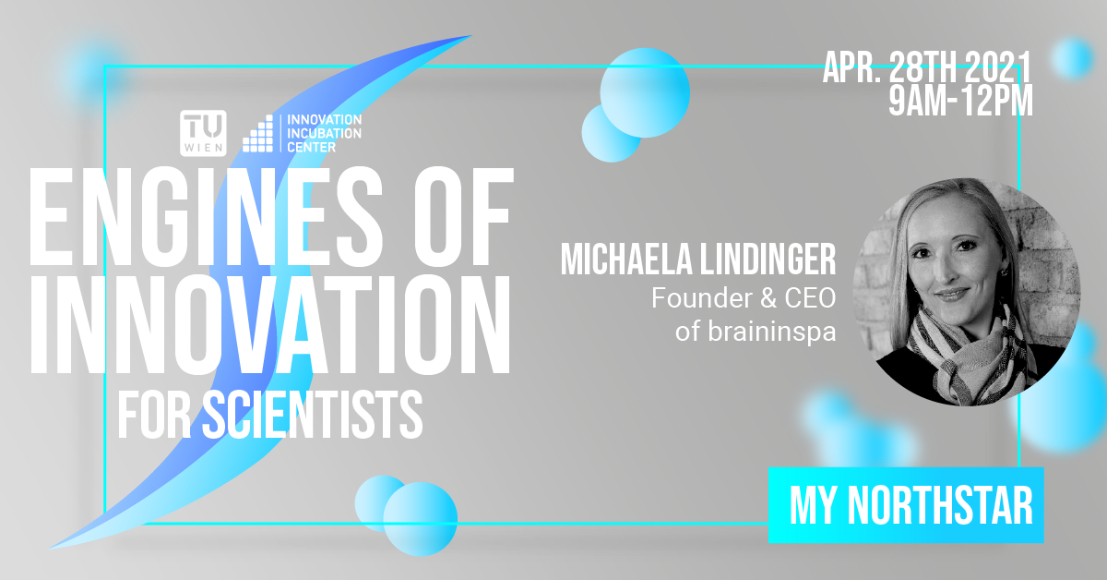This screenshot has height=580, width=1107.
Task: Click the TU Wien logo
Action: tap(203, 133)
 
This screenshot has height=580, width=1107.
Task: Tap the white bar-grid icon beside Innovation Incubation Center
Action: tap(257, 134)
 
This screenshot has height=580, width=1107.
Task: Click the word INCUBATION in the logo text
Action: tap(324, 133)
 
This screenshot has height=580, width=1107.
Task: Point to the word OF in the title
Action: tap(462, 217)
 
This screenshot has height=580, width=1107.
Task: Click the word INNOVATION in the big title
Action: tap(269, 323)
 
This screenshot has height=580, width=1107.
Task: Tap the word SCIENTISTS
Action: tap(313, 414)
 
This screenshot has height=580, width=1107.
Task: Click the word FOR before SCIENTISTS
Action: tap(154, 414)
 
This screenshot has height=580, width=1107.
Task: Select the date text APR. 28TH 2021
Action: tap(927, 66)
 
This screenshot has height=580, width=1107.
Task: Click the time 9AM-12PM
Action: tap(960, 101)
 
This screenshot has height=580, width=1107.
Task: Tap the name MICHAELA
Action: tap(626, 259)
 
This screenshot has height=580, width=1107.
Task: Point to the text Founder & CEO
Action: tap(744, 298)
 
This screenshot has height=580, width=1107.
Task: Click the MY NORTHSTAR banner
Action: tap(906, 505)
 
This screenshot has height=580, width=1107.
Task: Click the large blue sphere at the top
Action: tap(645, 92)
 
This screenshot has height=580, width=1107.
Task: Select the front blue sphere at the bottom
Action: tap(421, 519)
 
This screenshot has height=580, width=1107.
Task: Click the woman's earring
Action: tap(1003, 272)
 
